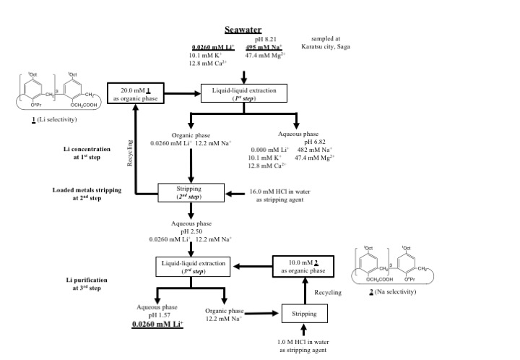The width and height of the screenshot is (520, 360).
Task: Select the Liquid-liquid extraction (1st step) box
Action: point(245,93)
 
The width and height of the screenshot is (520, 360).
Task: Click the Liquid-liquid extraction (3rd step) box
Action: point(191,265)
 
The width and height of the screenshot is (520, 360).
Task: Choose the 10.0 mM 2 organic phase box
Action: point(304,265)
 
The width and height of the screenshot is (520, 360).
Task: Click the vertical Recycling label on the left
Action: point(131,155)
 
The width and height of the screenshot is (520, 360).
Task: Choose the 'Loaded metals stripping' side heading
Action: point(87,191)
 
